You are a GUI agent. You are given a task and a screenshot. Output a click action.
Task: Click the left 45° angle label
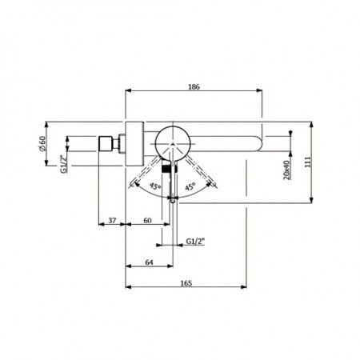[x=155, y=187]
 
